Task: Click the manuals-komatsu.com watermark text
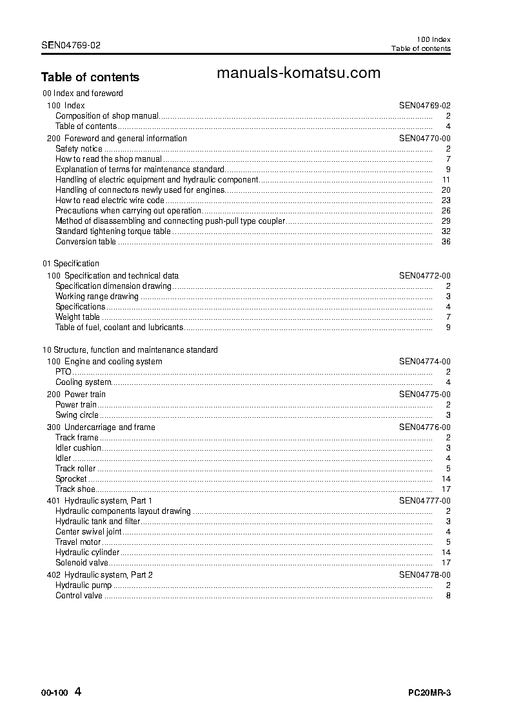click(x=298, y=73)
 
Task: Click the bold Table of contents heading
click(x=90, y=77)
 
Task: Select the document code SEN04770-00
click(x=424, y=139)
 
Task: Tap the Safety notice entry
click(x=79, y=149)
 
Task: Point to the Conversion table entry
click(x=86, y=242)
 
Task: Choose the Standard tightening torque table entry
click(x=113, y=231)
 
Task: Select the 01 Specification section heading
click(x=71, y=264)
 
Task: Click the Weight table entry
click(x=77, y=317)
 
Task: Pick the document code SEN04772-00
click(x=424, y=276)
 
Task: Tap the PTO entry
click(x=63, y=372)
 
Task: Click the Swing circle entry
click(x=77, y=415)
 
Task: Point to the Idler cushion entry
click(x=78, y=448)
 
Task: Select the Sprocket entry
click(x=71, y=479)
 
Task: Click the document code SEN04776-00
click(x=424, y=427)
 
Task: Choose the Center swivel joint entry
click(x=88, y=532)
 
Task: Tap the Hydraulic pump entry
click(x=83, y=585)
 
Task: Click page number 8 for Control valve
click(x=448, y=596)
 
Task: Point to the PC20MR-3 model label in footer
click(x=429, y=694)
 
